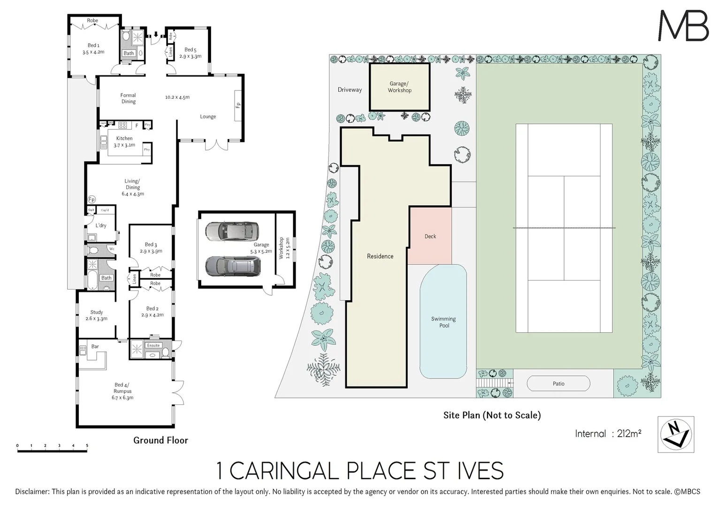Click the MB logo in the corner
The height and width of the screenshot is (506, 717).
click(683, 26)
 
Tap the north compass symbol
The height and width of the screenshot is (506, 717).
click(676, 434)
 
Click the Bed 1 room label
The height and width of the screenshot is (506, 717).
click(93, 49)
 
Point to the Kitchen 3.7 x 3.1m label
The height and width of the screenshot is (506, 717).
click(124, 141)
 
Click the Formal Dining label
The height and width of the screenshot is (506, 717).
click(128, 98)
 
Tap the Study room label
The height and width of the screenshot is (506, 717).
click(96, 315)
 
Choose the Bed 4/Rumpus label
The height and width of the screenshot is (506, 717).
click(122, 391)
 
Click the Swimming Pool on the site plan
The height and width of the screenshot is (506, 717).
click(443, 322)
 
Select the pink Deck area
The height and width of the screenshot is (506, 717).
click(430, 236)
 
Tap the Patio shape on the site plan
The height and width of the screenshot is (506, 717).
click(558, 383)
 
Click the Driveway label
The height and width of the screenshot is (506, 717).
click(350, 89)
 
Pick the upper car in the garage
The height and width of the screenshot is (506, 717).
click(231, 231)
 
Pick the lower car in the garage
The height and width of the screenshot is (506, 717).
click(231, 266)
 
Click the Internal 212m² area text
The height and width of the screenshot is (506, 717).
click(608, 434)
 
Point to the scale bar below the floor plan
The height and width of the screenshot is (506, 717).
click(52, 451)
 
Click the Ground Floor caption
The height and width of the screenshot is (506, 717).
click(160, 440)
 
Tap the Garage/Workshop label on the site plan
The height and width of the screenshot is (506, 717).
click(399, 87)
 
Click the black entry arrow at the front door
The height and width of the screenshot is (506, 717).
click(156, 34)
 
